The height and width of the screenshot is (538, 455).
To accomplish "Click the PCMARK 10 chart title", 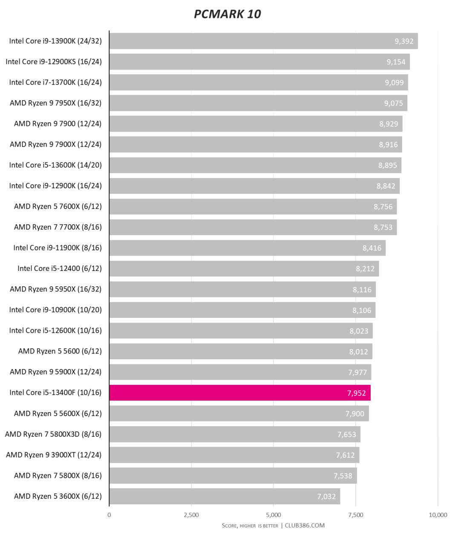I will point(227,14).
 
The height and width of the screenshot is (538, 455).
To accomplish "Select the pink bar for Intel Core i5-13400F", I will point(239,393).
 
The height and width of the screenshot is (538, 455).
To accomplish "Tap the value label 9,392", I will point(404,41).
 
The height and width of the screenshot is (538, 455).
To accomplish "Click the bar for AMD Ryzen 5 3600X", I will point(225,496).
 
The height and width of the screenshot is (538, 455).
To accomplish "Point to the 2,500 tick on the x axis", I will point(191,515).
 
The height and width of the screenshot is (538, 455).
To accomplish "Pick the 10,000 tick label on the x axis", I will point(438,515).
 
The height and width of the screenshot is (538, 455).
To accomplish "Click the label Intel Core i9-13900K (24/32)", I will point(55,41).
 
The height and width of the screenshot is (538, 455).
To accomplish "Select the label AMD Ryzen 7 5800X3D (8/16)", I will point(53,434).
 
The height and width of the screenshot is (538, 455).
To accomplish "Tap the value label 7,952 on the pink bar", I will point(356,393).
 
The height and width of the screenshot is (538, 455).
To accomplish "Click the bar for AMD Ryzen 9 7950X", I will point(258,103).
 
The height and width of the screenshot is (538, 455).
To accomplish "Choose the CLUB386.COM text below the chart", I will point(305,526).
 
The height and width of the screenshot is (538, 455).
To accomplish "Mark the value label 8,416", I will point(372,248).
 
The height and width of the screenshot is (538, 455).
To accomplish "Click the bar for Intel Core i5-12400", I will point(244,269).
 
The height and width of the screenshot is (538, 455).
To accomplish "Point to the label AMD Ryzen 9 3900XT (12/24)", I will point(54,455).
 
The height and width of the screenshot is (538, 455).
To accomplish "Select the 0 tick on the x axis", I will point(109,515).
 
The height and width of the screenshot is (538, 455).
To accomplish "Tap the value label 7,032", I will point(326,497).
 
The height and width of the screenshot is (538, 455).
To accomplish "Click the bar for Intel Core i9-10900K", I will point(242,310).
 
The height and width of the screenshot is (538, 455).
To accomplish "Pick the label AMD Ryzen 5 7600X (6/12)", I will point(58,206).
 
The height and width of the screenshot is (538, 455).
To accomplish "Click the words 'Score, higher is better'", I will point(250,526).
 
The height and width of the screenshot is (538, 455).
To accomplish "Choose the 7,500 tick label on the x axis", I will point(355,515).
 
